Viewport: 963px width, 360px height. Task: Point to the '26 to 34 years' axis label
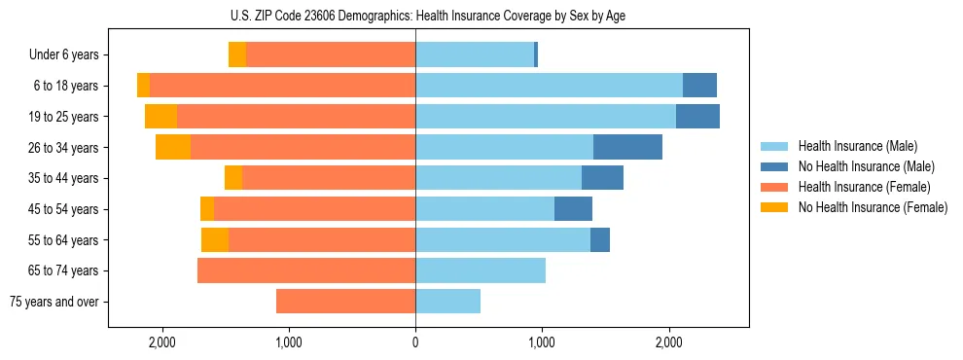coord(64,148)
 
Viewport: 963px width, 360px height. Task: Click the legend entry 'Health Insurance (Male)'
coord(857,146)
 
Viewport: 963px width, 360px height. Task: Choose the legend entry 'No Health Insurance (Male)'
coord(866,166)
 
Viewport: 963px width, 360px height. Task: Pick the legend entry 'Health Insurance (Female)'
coord(864,187)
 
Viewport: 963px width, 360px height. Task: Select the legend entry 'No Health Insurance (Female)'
coord(873,207)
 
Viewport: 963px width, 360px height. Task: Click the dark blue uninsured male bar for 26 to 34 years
coord(627,147)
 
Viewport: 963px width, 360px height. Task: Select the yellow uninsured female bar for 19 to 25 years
coord(160,117)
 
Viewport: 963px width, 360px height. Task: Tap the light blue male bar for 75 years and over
coord(447,302)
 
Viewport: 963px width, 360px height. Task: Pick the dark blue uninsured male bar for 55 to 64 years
coord(600,239)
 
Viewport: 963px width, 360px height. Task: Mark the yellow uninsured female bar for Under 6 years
coord(237,54)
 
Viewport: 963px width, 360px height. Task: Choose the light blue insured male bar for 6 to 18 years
coord(549,86)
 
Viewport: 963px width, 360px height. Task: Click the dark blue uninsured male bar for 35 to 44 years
coord(602,178)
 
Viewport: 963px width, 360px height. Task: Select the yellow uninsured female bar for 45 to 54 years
coord(207,209)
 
